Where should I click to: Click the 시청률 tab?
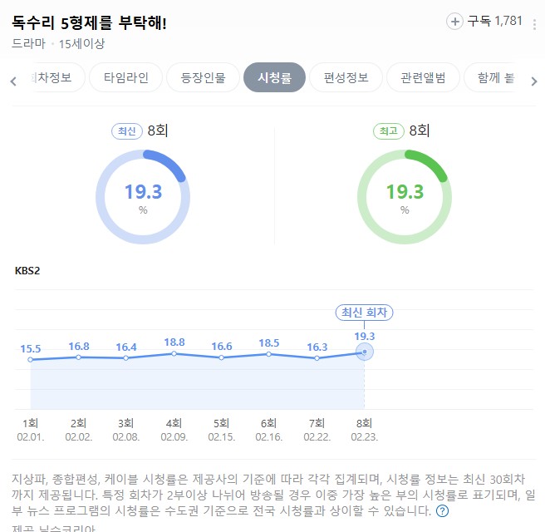coord(274,78)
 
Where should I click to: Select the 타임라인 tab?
coord(126,78)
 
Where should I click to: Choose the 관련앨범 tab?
coord(423,78)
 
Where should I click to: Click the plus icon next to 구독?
coord(454,22)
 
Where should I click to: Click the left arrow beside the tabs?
coord(13,81)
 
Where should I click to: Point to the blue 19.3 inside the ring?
coord(143,192)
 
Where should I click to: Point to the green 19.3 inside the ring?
coord(405,192)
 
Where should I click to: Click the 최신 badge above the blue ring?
coord(127,131)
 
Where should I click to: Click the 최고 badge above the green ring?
coord(389,131)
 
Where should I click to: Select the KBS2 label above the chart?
coord(27,270)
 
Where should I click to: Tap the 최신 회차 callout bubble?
coord(364,313)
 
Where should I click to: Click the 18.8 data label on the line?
coord(174,342)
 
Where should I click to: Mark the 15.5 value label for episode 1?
coord(31,348)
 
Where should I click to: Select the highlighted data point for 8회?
coord(364,352)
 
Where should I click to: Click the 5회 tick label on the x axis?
coord(221,422)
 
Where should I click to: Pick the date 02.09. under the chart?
coord(174,436)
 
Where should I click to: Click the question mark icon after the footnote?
coord(443,510)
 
